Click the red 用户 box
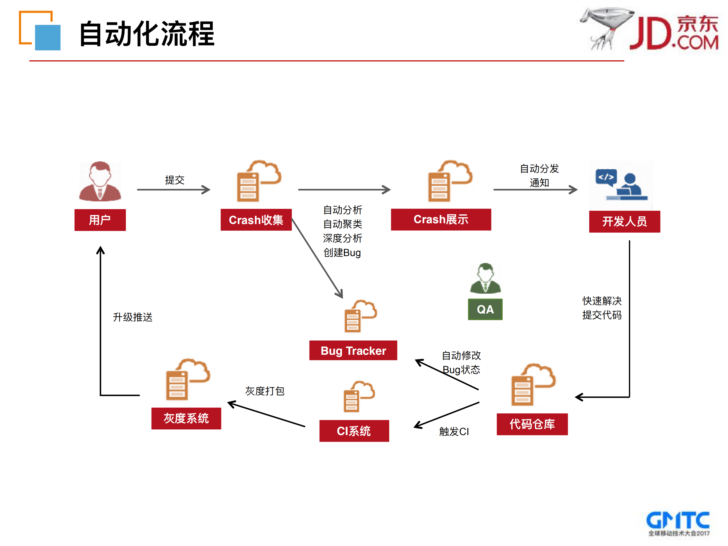click(100, 220)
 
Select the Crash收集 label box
click(256, 220)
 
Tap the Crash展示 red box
click(441, 219)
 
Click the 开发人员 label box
click(624, 221)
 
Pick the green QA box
click(485, 309)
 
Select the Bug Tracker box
click(353, 350)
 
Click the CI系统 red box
click(354, 431)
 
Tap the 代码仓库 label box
click(532, 424)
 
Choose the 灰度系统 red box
click(186, 418)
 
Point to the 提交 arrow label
click(174, 180)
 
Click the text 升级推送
click(133, 317)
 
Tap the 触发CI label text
click(454, 432)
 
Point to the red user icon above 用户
click(100, 181)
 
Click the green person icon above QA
click(485, 279)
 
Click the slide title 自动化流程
click(147, 34)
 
